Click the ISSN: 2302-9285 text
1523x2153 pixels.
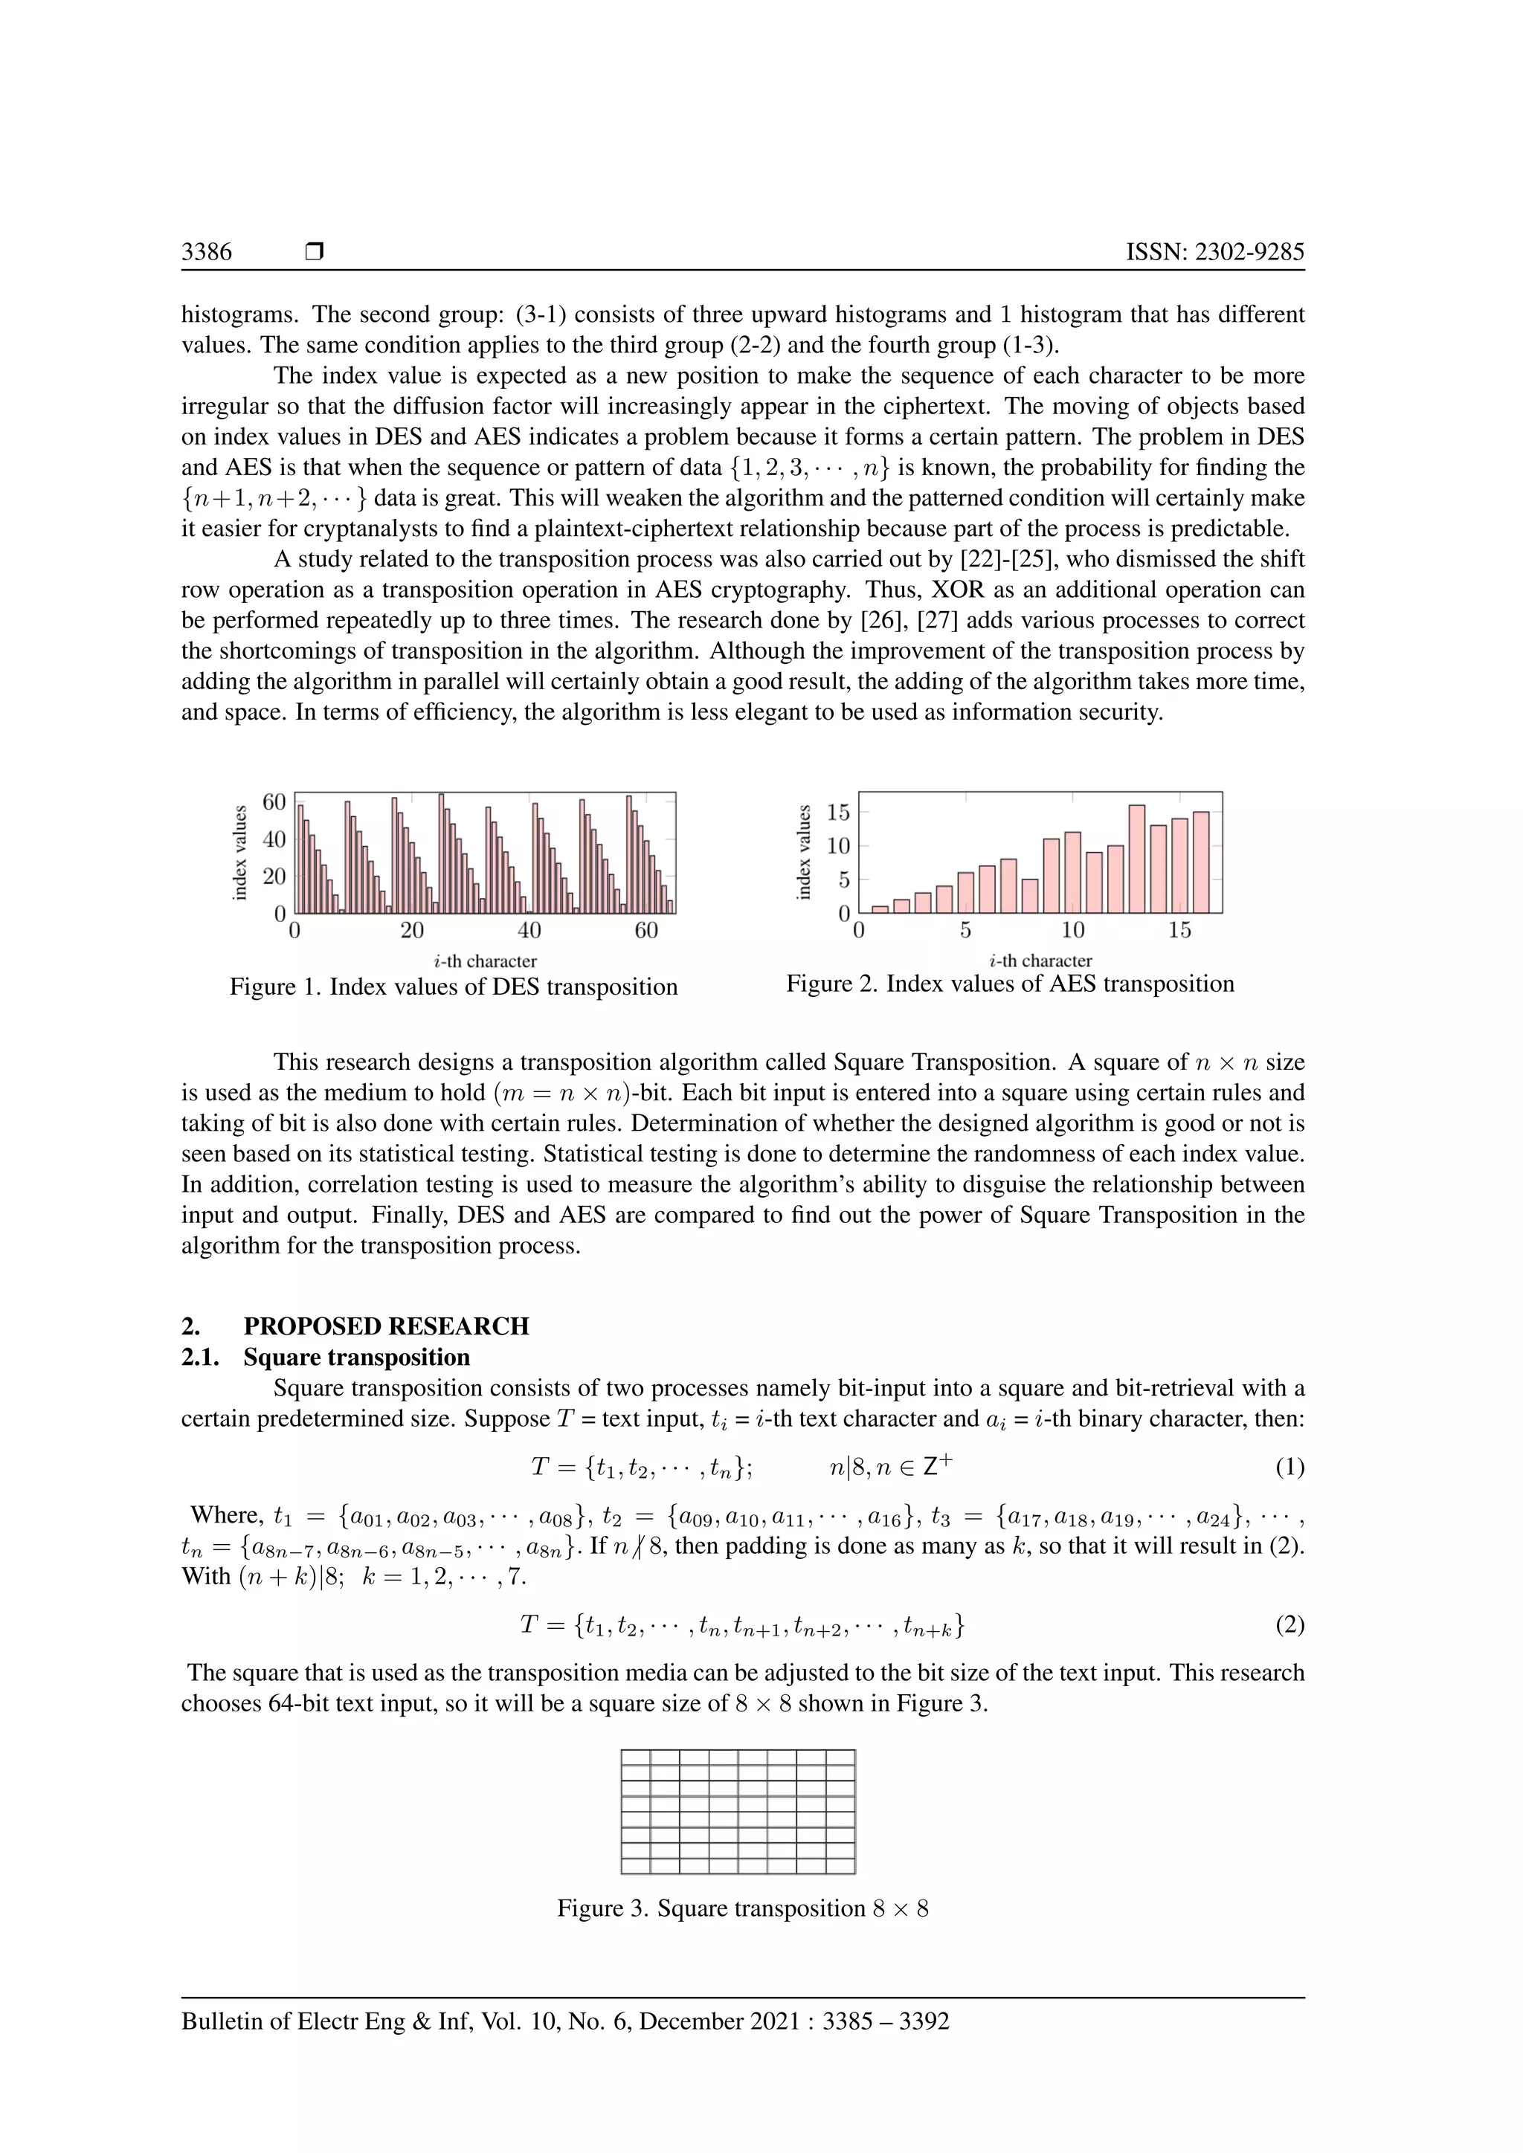pos(1214,251)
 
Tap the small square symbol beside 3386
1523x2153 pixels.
pos(314,251)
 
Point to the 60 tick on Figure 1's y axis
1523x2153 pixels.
pos(274,801)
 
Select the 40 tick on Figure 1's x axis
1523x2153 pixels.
pos(529,930)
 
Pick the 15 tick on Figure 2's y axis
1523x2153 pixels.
pos(837,812)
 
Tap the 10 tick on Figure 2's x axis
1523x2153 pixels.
pos(1073,930)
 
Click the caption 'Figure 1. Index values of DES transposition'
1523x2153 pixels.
pos(453,987)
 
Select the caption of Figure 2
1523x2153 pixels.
pos(1010,984)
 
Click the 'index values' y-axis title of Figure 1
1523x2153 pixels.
pos(240,853)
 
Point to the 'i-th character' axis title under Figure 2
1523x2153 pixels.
pos(1040,961)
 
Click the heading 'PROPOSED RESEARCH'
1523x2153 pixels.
pos(385,1326)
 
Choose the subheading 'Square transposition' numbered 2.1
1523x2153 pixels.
pos(356,1357)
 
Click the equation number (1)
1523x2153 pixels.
pos(1289,1467)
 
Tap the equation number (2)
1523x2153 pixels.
pos(1289,1625)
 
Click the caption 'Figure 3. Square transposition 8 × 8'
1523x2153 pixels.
pos(743,1908)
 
